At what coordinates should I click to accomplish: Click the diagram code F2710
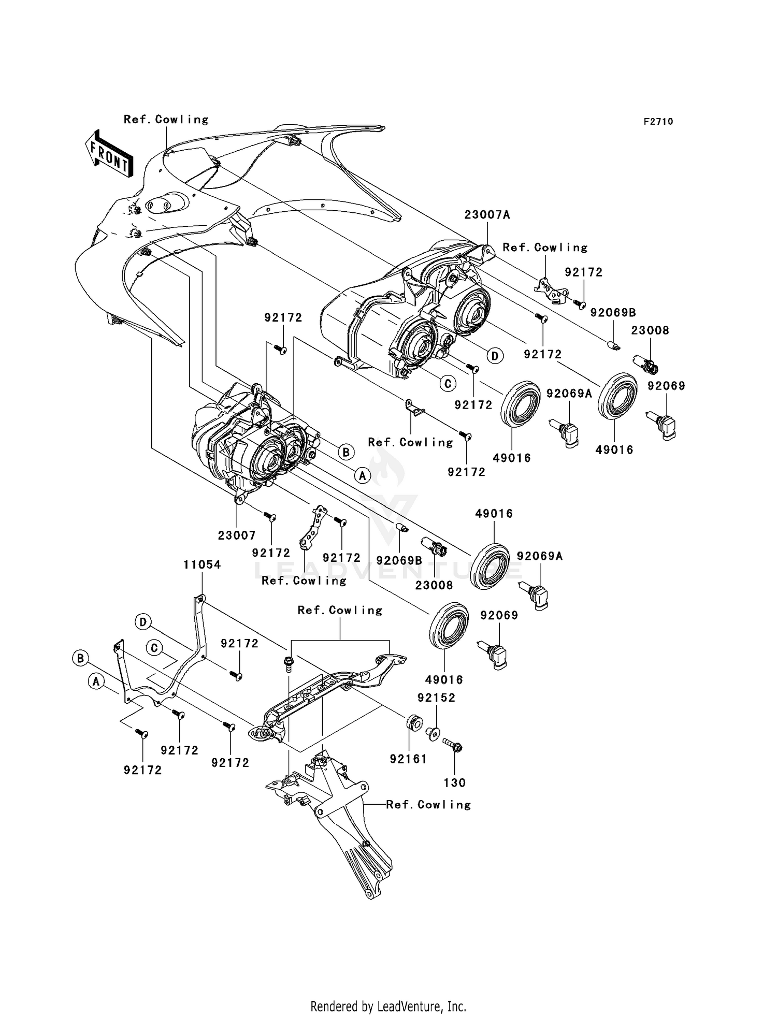click(x=658, y=122)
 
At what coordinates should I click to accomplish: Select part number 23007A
click(x=487, y=214)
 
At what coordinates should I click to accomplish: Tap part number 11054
click(x=202, y=565)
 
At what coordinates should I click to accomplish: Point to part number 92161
click(x=408, y=759)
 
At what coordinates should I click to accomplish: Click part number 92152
click(x=437, y=698)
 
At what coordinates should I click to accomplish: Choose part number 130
click(x=454, y=782)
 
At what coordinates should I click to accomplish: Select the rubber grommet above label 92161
click(x=414, y=723)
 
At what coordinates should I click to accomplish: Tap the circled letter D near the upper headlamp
click(x=495, y=356)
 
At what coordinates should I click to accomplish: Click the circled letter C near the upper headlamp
click(x=448, y=383)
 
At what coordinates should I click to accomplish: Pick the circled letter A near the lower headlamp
click(x=363, y=475)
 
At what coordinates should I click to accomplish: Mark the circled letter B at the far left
click(x=80, y=658)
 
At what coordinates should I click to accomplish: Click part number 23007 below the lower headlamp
click(x=237, y=535)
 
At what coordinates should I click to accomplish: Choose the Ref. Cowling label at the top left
click(x=166, y=120)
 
